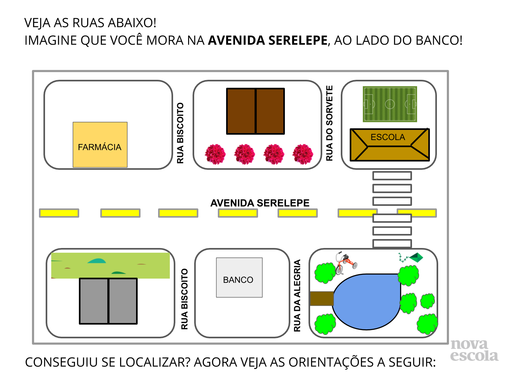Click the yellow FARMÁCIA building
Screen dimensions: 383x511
click(100, 145)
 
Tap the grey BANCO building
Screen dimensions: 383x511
click(239, 277)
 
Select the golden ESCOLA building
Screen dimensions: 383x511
click(390, 145)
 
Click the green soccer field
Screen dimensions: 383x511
click(390, 104)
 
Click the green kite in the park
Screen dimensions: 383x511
click(415, 257)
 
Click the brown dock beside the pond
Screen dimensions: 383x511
click(322, 298)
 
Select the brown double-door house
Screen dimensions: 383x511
click(256, 111)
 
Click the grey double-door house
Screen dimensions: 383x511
click(108, 301)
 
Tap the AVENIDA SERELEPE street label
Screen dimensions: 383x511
click(260, 203)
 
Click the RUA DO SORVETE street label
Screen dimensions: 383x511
click(329, 123)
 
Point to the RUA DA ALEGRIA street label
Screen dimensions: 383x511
click(297, 295)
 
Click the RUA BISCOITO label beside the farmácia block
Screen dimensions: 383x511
click(180, 133)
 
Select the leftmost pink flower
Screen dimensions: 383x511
click(215, 154)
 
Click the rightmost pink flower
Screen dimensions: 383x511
click(303, 154)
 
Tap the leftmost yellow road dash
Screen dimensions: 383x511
click(59, 213)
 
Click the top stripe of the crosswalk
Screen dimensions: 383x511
click(392, 176)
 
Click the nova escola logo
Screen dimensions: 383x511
click(474, 350)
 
